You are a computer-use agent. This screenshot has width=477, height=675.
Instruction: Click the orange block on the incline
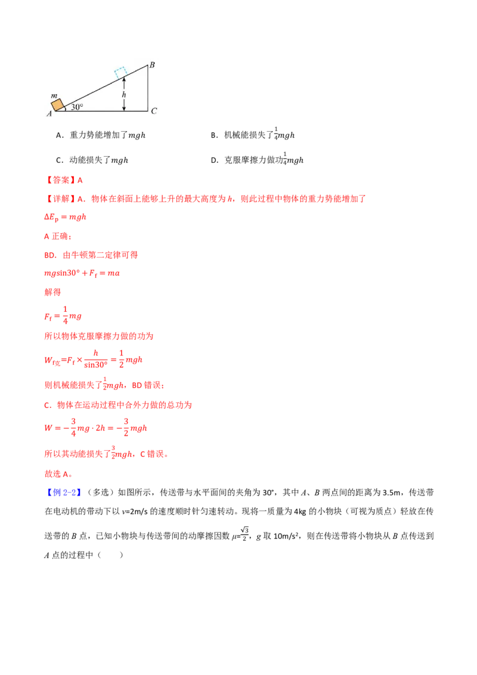click(x=58, y=105)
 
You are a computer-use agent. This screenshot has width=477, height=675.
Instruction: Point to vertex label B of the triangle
click(x=152, y=65)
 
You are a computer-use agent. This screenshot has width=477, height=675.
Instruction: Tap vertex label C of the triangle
click(x=154, y=111)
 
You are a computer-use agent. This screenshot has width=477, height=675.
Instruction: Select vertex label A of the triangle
click(x=49, y=114)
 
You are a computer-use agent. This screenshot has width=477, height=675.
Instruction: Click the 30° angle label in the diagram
click(x=77, y=107)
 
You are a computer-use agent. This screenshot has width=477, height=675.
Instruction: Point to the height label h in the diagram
click(x=124, y=94)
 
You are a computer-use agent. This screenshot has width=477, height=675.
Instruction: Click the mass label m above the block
click(x=54, y=95)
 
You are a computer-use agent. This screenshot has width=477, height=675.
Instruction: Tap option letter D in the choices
click(x=213, y=160)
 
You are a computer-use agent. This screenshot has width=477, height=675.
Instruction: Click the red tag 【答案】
click(x=61, y=180)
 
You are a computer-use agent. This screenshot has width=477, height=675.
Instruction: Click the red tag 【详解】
click(x=61, y=199)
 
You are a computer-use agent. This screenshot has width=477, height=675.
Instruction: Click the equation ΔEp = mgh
click(x=65, y=217)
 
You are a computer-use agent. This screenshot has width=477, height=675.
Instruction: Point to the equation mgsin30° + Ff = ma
click(x=82, y=273)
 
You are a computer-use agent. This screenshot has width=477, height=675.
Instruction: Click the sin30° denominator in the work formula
click(x=95, y=365)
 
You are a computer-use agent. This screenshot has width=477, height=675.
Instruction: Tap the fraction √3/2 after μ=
click(x=244, y=534)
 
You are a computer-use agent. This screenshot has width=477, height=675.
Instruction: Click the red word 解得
click(x=52, y=292)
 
